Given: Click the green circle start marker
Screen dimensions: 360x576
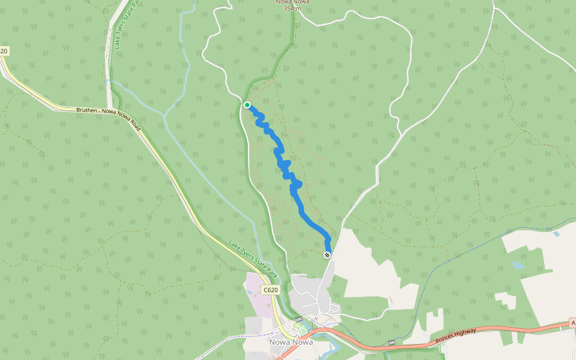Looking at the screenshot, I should tap(247, 105).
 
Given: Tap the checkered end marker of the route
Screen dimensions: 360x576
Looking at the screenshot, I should tap(327, 256).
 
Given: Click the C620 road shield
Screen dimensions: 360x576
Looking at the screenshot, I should tap(271, 290).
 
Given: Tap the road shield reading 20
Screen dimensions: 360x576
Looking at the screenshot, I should tap(4, 52).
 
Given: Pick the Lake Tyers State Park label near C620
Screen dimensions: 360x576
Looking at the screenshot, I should tap(253, 259).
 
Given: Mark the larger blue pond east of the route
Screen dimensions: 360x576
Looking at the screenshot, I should tap(517, 265).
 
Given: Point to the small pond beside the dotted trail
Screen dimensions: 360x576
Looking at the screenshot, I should tap(556, 233).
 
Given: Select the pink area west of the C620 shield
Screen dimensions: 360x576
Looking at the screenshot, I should tap(258, 294).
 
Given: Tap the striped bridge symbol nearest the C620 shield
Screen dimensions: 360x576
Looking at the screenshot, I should tap(298, 319).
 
